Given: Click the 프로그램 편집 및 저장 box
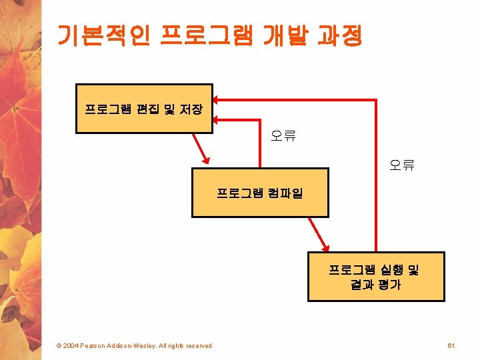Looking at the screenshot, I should (144, 107).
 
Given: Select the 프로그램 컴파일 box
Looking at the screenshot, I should (260, 193).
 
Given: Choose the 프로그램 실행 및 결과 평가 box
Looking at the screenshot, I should (375, 277).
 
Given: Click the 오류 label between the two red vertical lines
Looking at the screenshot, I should (283, 137).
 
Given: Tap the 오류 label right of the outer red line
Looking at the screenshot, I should (402, 165).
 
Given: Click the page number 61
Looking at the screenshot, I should (451, 345).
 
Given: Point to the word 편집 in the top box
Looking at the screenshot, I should (147, 108).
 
